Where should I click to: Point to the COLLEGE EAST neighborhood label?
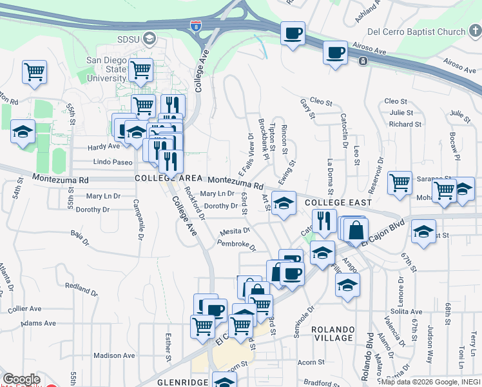coord(338,203)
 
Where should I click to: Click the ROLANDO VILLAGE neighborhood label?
coord(333,333)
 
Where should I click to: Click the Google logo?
coord(21,380)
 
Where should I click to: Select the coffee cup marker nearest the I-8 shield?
coord(293,33)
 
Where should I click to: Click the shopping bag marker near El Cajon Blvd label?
coord(356,230)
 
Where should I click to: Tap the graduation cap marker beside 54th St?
coord(23,132)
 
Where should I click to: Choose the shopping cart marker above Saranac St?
coord(400,183)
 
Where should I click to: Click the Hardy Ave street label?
coord(104,146)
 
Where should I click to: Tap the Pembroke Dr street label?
coord(236,247)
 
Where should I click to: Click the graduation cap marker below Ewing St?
coord(284,203)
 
